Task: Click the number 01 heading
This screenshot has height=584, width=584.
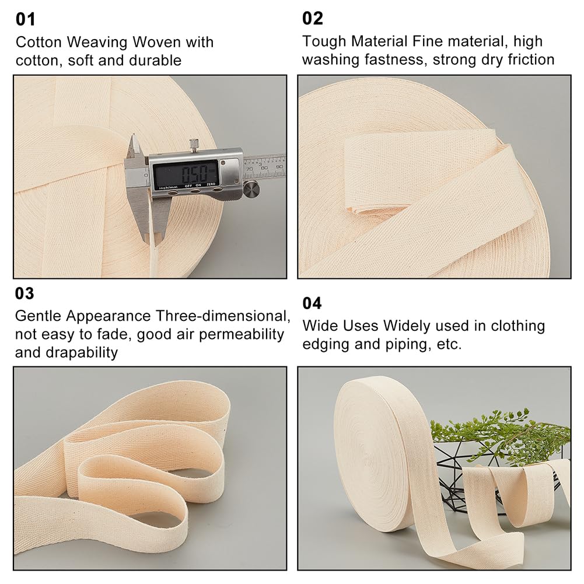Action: pos(25,19)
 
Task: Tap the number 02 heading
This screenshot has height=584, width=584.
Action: pos(313,18)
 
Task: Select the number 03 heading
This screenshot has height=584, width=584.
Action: pos(25,293)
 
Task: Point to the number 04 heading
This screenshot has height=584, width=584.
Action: pos(312,303)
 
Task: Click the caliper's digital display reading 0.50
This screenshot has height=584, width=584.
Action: pos(186,173)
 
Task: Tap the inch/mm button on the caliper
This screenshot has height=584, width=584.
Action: pos(172,192)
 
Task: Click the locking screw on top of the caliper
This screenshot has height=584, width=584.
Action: pos(194,145)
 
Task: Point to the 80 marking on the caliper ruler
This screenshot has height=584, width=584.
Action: pos(264,168)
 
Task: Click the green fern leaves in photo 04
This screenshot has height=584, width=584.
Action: pos(499,432)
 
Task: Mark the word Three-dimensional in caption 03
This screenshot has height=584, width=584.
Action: pos(223,316)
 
